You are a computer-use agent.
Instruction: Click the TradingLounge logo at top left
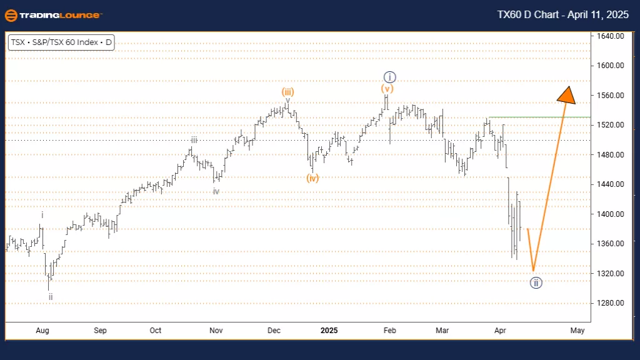click(52, 15)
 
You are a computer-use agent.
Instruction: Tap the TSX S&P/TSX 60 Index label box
click(61, 43)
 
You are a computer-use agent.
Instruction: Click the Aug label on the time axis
click(42, 331)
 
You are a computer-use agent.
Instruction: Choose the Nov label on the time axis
click(216, 331)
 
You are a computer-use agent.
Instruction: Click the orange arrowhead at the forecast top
click(566, 94)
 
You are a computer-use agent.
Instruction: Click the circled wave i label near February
click(389, 77)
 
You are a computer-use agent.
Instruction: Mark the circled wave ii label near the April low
click(536, 283)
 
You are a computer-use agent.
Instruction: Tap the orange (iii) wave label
click(287, 91)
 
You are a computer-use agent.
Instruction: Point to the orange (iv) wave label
click(312, 177)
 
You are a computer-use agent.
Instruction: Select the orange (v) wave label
click(387, 89)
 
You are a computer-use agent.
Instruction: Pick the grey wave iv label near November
click(216, 191)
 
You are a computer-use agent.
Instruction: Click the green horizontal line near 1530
click(537, 117)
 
